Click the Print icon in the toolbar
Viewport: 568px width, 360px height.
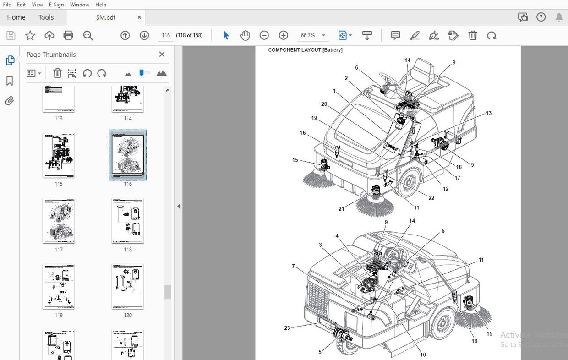point(68,35)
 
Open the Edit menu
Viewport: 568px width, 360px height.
point(22,5)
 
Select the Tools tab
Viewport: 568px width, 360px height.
point(46,17)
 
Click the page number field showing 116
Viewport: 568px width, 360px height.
point(166,35)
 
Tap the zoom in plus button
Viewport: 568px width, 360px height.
point(284,35)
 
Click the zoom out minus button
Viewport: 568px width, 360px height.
point(264,35)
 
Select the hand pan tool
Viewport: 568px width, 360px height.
point(245,35)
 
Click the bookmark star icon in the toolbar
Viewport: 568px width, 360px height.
point(30,35)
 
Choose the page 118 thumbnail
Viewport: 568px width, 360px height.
point(128,221)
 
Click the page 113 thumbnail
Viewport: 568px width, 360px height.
point(59,98)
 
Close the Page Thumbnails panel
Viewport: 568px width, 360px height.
point(162,55)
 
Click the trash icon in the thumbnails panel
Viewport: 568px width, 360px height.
point(57,73)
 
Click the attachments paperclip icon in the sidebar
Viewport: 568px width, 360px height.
point(10,101)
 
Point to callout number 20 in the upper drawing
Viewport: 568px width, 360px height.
point(324,104)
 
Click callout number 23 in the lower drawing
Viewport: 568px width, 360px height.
point(287,328)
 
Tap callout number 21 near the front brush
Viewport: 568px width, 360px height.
point(341,209)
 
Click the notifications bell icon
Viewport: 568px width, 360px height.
point(559,17)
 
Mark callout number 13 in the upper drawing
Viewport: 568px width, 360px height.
point(489,113)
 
